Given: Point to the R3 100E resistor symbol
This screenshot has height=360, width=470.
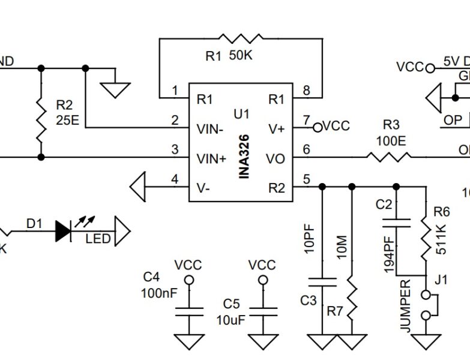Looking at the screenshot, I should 390,157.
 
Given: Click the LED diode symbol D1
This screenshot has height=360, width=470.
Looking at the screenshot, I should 64,231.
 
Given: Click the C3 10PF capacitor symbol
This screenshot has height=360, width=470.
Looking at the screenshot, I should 324,281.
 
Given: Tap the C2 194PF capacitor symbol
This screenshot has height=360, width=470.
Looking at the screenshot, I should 397,223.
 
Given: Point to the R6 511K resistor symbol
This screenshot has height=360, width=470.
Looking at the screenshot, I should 426,238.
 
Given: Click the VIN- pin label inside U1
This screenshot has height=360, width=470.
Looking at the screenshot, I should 211,128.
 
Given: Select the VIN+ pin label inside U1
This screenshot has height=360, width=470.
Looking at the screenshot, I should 212,158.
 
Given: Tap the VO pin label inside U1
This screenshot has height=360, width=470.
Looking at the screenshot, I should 276,158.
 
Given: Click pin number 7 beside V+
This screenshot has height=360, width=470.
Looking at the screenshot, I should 307,120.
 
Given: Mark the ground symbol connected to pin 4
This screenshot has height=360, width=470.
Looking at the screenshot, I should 137,184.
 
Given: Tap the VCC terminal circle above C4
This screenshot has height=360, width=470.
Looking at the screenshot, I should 188,280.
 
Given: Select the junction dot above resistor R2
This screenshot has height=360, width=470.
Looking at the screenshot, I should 41,68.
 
